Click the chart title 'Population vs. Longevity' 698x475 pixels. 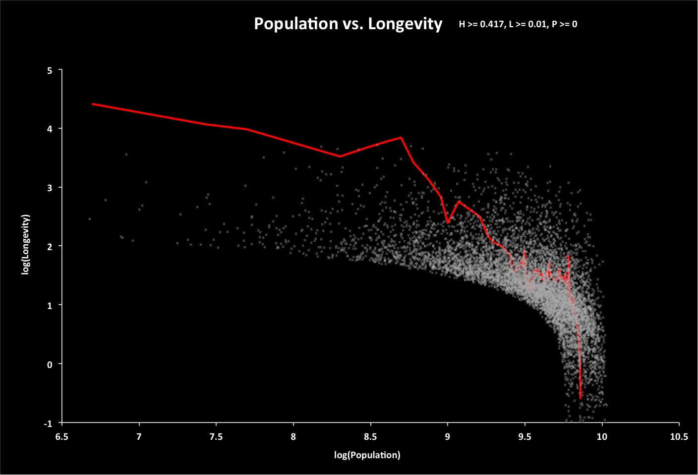[x=348, y=24]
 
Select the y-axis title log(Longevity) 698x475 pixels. [x=26, y=244]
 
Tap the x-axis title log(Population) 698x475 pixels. [x=367, y=455]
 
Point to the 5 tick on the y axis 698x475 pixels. [x=49, y=70]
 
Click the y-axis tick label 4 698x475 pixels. [x=49, y=129]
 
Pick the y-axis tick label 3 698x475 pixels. [x=49, y=188]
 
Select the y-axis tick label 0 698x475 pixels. [x=49, y=365]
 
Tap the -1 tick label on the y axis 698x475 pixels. [x=48, y=423]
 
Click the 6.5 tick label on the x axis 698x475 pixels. [x=61, y=437]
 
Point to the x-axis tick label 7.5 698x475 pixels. [x=216, y=437]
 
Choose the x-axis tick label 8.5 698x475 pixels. [x=370, y=437]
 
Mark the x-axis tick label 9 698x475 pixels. [x=448, y=437]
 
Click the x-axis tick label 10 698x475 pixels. [x=602, y=437]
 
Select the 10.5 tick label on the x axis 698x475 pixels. [x=679, y=437]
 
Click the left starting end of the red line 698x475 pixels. [x=93, y=104]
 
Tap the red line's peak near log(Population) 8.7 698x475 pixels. [x=401, y=138]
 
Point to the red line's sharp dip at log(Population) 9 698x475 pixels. [x=448, y=222]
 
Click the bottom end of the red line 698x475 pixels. [x=581, y=397]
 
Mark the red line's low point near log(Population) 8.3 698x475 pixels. [x=340, y=157]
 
